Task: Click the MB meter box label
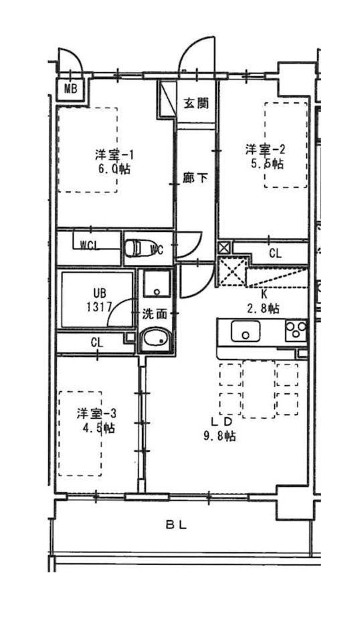click(x=70, y=89)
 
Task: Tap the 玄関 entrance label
click(x=195, y=104)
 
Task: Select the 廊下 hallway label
click(x=195, y=178)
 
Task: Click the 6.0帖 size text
click(x=114, y=169)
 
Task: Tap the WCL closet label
click(x=90, y=245)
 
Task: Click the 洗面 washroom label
click(x=155, y=314)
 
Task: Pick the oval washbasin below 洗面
click(x=154, y=340)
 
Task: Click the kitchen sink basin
click(x=246, y=331)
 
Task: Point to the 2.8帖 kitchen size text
click(x=264, y=308)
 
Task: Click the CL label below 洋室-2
click(x=275, y=253)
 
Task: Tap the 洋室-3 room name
click(x=96, y=413)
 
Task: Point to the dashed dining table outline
click(x=258, y=389)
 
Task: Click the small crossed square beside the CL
click(x=224, y=247)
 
